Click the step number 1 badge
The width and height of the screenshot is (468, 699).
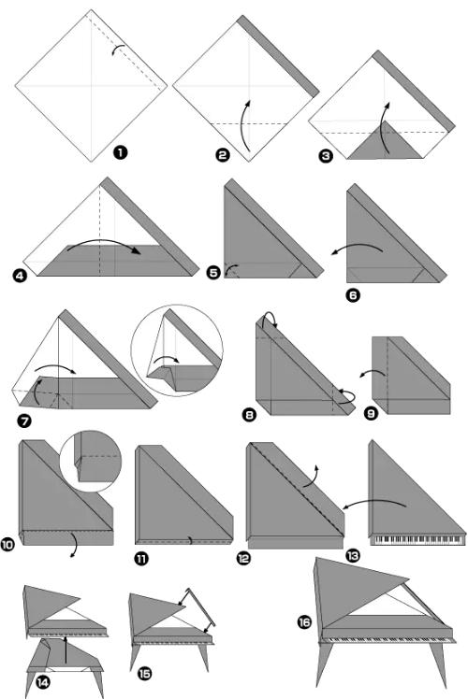tap(120, 152)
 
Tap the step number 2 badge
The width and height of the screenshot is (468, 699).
tap(223, 155)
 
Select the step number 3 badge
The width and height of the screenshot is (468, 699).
tap(326, 155)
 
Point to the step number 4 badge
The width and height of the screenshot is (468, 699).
tap(20, 276)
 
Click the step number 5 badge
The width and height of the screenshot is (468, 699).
tap(214, 272)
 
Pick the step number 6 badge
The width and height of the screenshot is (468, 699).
tap(353, 294)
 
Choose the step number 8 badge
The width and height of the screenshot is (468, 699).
tap(249, 415)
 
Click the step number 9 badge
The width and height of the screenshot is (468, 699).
tap(371, 413)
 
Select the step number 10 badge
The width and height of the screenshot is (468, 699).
tap(7, 544)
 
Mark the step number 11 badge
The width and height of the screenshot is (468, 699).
tap(141, 558)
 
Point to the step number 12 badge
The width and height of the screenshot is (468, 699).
tap(243, 558)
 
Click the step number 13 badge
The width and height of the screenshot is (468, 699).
tap(353, 555)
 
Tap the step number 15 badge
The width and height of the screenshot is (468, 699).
tap(145, 673)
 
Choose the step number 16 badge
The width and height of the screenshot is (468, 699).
tap(304, 621)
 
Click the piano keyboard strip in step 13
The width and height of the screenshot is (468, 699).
tap(417, 540)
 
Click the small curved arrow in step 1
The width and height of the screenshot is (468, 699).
tap(117, 49)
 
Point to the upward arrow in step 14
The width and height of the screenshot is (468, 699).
tap(66, 650)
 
